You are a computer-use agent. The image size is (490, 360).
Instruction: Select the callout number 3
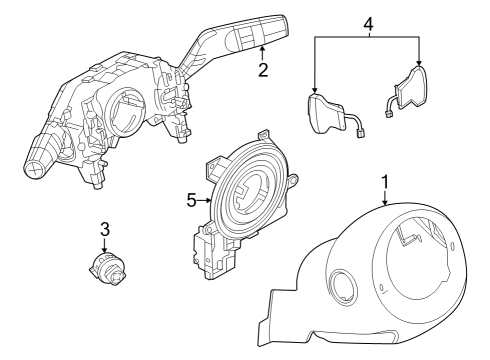click(104, 229)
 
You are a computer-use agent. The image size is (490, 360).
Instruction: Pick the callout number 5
click(193, 199)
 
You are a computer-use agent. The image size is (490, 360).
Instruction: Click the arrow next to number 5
click(205, 199)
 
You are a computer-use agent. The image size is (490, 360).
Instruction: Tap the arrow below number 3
click(104, 246)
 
